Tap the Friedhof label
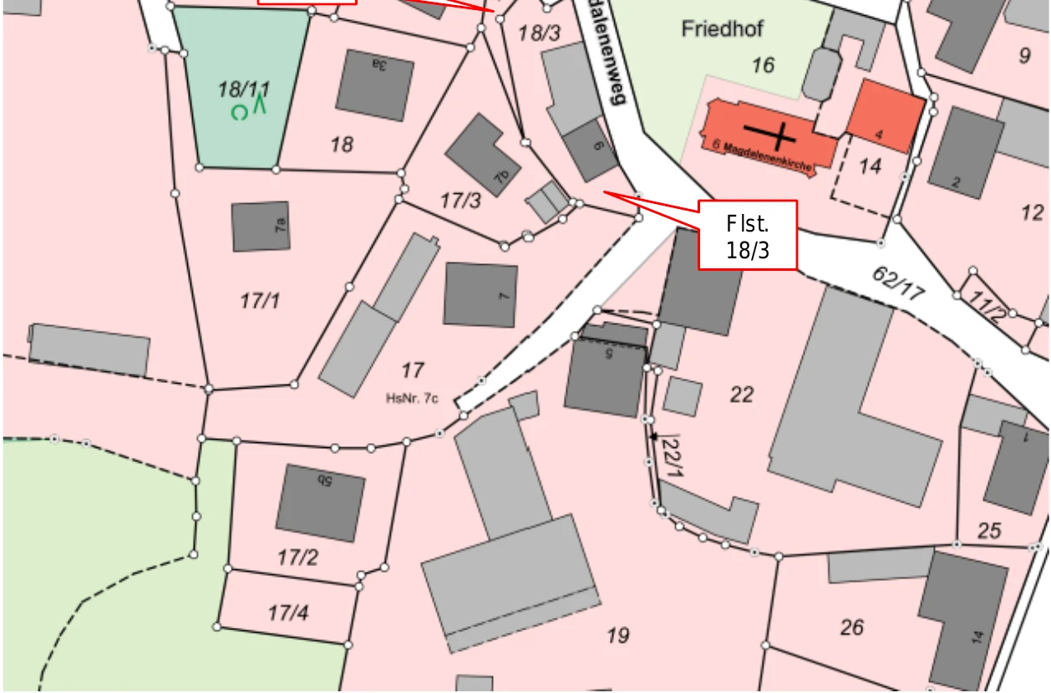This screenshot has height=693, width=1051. [722, 29]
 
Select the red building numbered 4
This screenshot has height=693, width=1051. [885, 116]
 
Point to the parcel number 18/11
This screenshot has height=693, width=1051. [244, 89]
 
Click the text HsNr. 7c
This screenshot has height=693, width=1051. [412, 399]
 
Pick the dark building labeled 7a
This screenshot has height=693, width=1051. [261, 226]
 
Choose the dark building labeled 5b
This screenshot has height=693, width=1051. [320, 502]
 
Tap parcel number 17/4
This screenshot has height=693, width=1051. [287, 614]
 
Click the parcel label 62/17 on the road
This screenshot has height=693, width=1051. [898, 283]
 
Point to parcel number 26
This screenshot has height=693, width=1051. [851, 626]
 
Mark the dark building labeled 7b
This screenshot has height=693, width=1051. [482, 155]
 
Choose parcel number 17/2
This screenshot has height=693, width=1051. [297, 557]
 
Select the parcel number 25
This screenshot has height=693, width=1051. [988, 530]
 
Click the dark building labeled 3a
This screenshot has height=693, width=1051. [374, 84]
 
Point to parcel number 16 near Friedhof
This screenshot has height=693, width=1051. [762, 64]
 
